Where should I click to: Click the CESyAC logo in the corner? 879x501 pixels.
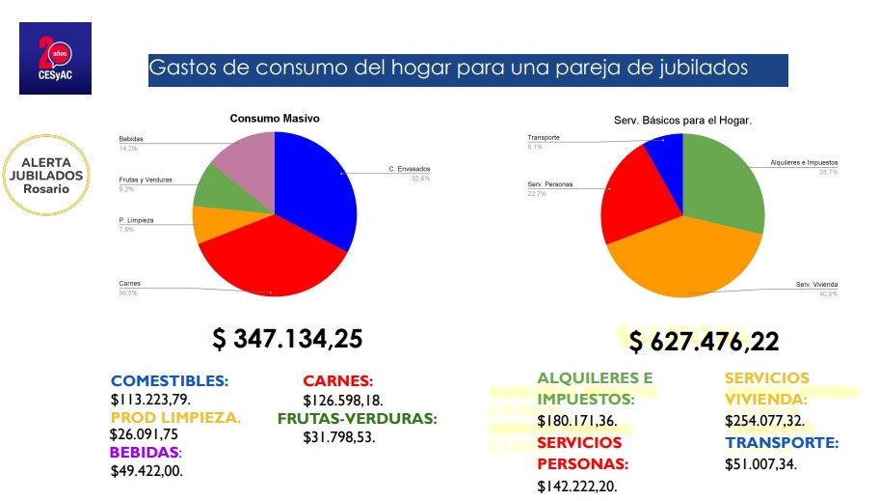pyautogui.click(x=55, y=58)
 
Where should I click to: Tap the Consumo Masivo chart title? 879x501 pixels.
pyautogui.click(x=274, y=119)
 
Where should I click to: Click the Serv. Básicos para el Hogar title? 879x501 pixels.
pyautogui.click(x=682, y=121)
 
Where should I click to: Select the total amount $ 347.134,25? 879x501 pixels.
pyautogui.click(x=287, y=339)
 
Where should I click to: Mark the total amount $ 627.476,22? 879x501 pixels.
pyautogui.click(x=705, y=341)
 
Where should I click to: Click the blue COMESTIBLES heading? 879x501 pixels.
pyautogui.click(x=170, y=380)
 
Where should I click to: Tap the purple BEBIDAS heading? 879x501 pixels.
pyautogui.click(x=146, y=452)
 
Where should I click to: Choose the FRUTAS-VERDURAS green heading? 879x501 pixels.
pyautogui.click(x=358, y=419)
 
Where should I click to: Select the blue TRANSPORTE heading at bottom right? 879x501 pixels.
pyautogui.click(x=782, y=443)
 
